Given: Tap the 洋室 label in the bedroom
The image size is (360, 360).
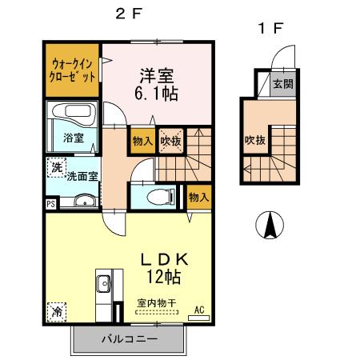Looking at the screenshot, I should pyautogui.click(x=158, y=75).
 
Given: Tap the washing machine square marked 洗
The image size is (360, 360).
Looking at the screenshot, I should pyautogui.click(x=56, y=168).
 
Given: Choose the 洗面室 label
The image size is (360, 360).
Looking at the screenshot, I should pyautogui.click(x=82, y=176).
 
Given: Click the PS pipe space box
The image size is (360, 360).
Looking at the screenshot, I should pyautogui.click(x=51, y=204).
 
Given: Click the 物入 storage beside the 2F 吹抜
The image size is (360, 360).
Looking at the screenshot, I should pyautogui.click(x=143, y=140).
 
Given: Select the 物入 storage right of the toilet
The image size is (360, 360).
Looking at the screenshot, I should pyautogui.click(x=198, y=196).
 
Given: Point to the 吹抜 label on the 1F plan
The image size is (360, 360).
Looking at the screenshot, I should pyautogui.click(x=254, y=141).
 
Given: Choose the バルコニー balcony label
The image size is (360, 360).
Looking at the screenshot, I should pyautogui.click(x=129, y=338).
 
